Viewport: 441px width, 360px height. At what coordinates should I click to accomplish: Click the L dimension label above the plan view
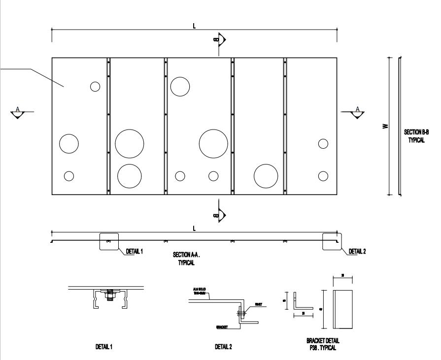(195, 26)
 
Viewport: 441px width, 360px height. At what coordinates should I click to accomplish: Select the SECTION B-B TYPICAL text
(416, 136)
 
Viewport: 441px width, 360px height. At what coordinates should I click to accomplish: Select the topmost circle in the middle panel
(180, 87)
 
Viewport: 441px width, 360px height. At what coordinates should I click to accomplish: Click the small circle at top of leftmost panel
(95, 86)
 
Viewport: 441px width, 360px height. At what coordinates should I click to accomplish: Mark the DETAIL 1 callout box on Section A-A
(109, 241)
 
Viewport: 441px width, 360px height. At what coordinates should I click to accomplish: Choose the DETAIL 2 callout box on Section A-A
(331, 241)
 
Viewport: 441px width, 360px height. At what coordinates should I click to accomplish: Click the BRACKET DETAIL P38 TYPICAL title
(323, 344)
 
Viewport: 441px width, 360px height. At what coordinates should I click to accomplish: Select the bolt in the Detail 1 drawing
(109, 295)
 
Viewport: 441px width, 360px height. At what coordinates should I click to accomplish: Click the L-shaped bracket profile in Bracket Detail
(297, 304)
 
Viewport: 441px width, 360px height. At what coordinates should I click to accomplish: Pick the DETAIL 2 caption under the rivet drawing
(223, 347)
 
